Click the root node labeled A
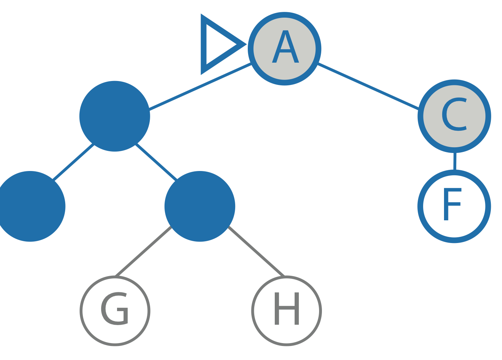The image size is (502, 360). tap(284, 49)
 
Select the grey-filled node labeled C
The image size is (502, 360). tap(454, 116)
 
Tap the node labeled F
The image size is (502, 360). tap(454, 206)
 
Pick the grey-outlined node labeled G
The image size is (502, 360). tap(115, 311)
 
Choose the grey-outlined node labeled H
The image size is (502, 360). tap(287, 311)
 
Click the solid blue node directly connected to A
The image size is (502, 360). tap(115, 116)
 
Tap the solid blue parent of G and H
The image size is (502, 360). tap(200, 206)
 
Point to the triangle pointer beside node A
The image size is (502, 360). tap(216, 44)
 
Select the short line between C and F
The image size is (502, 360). tap(455, 161)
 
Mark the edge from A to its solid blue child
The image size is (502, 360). tap(200, 86)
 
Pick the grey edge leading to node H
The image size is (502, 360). tap(256, 251)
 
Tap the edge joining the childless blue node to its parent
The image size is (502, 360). tap(73, 162)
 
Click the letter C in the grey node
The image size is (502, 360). tap(454, 114)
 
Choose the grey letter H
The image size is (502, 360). tap(287, 309)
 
